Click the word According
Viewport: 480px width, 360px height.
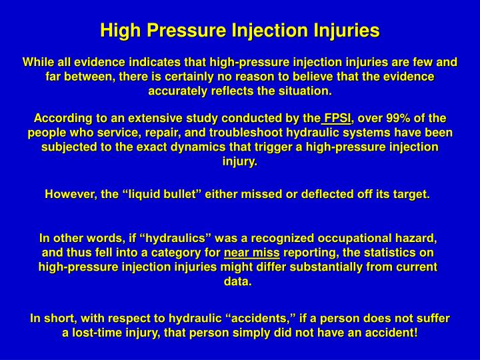(62, 119)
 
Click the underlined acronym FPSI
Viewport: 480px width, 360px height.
(337, 119)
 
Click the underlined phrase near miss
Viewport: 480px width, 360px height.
(252, 253)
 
